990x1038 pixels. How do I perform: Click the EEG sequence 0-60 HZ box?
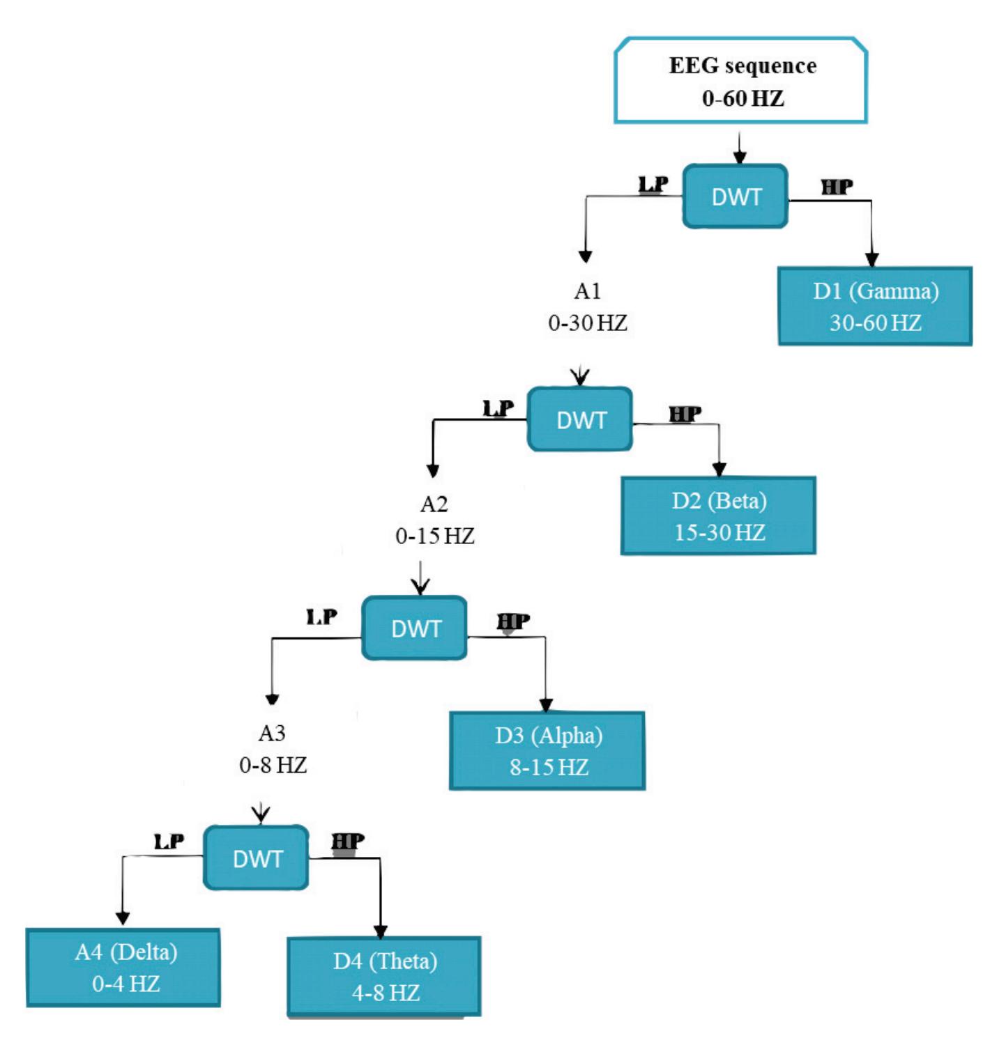coord(740,82)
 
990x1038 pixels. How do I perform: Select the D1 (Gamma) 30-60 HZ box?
coord(875,307)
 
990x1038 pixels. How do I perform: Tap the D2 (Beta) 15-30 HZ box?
coord(718,516)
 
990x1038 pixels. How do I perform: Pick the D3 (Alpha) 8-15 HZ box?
coord(547,751)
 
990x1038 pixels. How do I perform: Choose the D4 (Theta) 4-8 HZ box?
coord(384,977)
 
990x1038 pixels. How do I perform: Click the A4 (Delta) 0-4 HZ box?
coord(123,968)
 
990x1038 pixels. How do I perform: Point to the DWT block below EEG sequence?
coord(736,197)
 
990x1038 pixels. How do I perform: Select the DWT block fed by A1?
coord(580,420)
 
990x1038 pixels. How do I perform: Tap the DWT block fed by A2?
coord(415,628)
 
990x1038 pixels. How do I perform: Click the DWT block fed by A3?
coord(256,858)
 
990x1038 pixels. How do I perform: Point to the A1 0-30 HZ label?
coord(588,307)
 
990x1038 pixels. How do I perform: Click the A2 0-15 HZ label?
coord(434,520)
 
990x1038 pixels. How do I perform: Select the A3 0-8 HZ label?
coord(273,749)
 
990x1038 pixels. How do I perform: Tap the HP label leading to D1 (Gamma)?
coord(837,187)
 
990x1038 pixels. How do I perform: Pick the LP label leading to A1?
coord(653,185)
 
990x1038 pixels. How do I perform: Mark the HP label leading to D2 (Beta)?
coord(685,415)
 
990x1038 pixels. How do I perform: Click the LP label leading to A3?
coord(321,617)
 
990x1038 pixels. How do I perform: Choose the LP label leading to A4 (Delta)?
coord(169,842)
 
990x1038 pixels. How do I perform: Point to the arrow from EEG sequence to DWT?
coord(740,146)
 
